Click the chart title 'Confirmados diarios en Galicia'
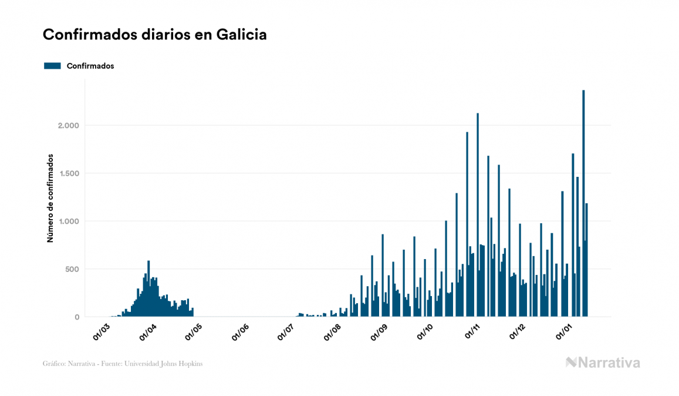[155, 35]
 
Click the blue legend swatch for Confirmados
[52, 66]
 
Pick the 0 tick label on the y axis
[76, 317]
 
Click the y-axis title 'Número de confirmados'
[50, 199]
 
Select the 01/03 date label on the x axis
[101, 332]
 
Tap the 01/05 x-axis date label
[193, 332]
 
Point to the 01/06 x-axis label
[241, 332]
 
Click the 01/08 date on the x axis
[332, 332]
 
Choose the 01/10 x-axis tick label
[425, 332]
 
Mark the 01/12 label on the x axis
[518, 332]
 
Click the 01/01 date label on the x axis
[564, 332]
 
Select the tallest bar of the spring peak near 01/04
[148, 288]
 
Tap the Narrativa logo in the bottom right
[603, 363]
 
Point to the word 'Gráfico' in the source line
[54, 364]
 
